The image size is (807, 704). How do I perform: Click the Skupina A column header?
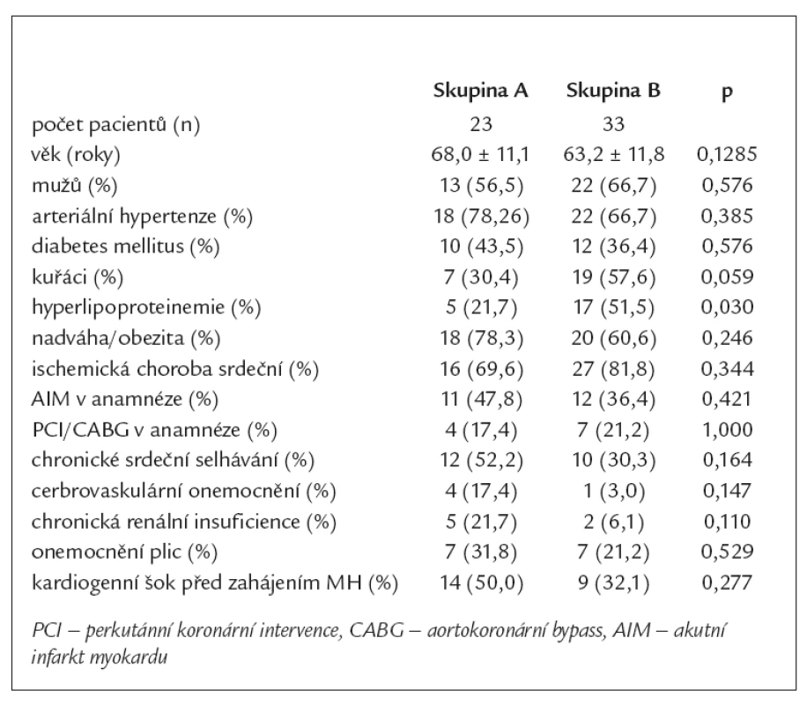click(481, 91)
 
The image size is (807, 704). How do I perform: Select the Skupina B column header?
click(613, 91)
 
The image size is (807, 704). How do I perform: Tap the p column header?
click(727, 93)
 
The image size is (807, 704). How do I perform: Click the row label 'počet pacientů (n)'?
click(115, 125)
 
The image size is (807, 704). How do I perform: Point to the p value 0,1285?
click(727, 154)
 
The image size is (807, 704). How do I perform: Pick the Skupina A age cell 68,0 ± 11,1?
click(480, 154)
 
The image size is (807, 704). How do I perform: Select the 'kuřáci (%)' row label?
click(78, 277)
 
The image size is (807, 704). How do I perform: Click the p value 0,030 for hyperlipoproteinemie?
click(727, 307)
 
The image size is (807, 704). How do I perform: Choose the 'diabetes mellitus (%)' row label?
click(126, 246)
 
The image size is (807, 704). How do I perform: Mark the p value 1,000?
click(727, 429)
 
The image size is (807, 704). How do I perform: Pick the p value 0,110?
click(727, 522)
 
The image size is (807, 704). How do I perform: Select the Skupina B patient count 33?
click(613, 124)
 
